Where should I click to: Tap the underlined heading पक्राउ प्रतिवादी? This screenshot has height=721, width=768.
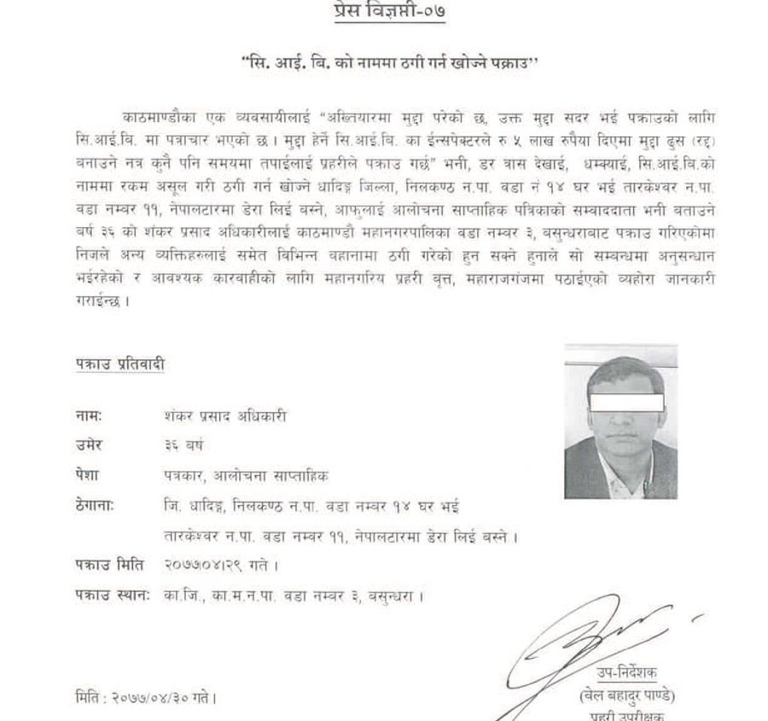(117, 364)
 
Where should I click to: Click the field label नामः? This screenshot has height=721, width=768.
(88, 416)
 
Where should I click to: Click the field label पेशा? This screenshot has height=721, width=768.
(87, 474)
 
